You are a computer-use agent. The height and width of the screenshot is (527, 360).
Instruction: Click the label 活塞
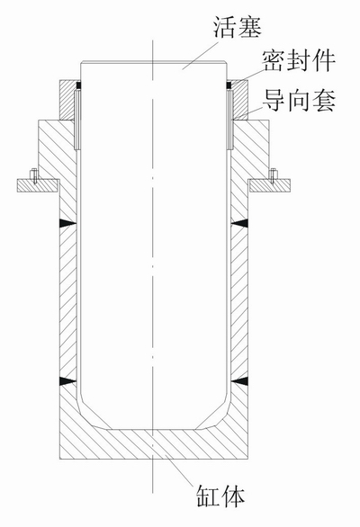[x=238, y=27]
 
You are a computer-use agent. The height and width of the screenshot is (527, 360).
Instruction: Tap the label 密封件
[x=299, y=61]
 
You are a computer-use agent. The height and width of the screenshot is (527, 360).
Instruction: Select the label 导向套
[x=299, y=100]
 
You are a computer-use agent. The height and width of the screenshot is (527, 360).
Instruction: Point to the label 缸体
[x=220, y=495]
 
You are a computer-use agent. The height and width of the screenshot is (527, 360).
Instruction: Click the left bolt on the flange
[x=33, y=175]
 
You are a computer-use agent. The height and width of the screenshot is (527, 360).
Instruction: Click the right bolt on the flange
[x=274, y=175]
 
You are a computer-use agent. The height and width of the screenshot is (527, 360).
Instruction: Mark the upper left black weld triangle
[x=68, y=223]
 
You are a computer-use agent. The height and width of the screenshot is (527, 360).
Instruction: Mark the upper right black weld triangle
[x=239, y=223]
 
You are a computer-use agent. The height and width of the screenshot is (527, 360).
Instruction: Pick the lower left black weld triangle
[x=68, y=380]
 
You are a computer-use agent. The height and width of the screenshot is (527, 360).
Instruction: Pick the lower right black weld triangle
[x=239, y=380]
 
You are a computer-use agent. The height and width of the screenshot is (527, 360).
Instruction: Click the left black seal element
[x=79, y=85]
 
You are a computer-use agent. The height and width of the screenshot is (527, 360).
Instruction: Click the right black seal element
[x=229, y=85]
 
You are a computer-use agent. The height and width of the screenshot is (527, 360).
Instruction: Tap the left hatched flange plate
[x=37, y=185]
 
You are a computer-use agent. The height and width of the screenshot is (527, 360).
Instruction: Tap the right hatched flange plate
[x=269, y=185]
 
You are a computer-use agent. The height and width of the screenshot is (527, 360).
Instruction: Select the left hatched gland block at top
[x=67, y=100]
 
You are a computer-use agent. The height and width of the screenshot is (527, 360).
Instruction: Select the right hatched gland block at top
[x=240, y=100]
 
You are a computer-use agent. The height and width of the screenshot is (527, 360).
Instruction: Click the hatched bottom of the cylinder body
[x=154, y=443]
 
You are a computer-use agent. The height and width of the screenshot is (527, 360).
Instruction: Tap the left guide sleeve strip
[x=77, y=120]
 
